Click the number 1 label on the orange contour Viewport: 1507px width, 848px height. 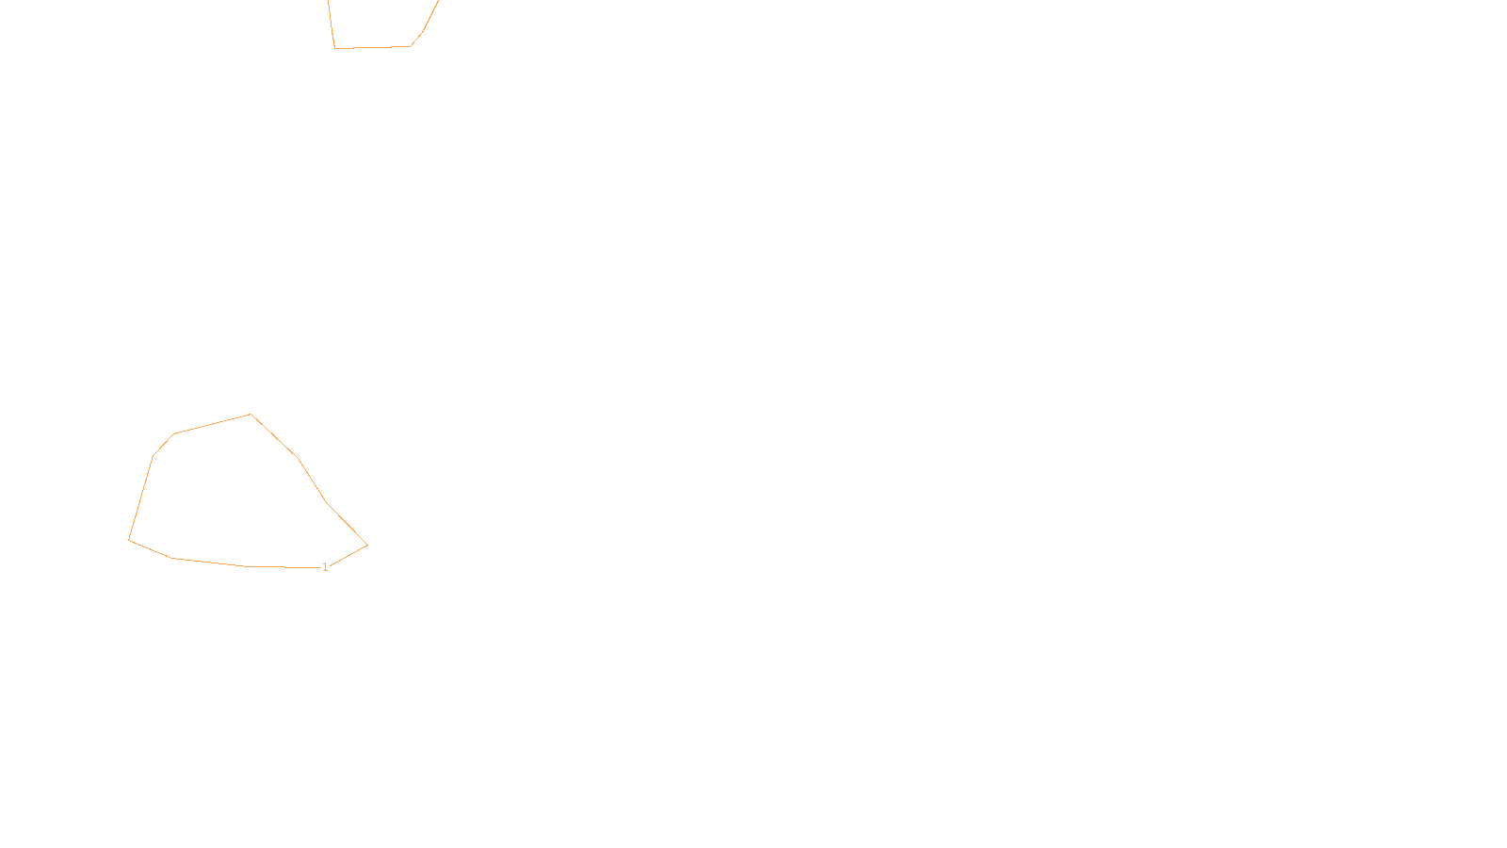point(325,567)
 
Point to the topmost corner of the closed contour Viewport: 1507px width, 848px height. point(251,415)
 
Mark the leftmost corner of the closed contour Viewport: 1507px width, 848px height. point(129,540)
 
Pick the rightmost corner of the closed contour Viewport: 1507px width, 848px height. point(367,545)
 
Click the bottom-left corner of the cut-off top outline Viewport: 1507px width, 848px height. point(335,48)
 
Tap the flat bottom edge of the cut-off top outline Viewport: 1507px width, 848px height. point(373,47)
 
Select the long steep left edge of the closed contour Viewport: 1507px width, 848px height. point(141,497)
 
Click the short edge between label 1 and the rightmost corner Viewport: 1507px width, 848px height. point(348,555)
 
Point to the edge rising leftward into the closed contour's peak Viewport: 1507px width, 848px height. point(213,424)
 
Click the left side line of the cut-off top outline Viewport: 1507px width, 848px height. point(332,24)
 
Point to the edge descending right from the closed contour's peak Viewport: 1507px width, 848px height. point(274,436)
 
